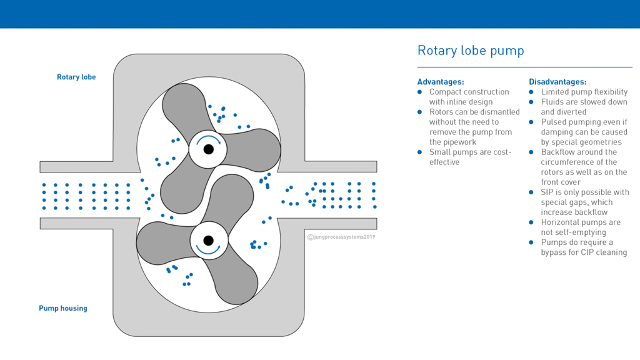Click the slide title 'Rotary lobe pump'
(470, 51)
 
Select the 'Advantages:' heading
(440, 82)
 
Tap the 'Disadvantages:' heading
(557, 82)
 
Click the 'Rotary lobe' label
(76, 77)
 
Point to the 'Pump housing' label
(63, 308)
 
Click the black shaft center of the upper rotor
(209, 149)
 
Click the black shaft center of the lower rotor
(209, 241)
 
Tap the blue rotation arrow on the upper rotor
(209, 139)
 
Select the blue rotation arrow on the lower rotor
(208, 251)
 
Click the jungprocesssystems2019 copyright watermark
(341, 237)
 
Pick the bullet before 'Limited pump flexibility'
(532, 92)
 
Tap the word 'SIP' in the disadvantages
(547, 192)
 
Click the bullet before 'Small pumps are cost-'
(420, 152)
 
